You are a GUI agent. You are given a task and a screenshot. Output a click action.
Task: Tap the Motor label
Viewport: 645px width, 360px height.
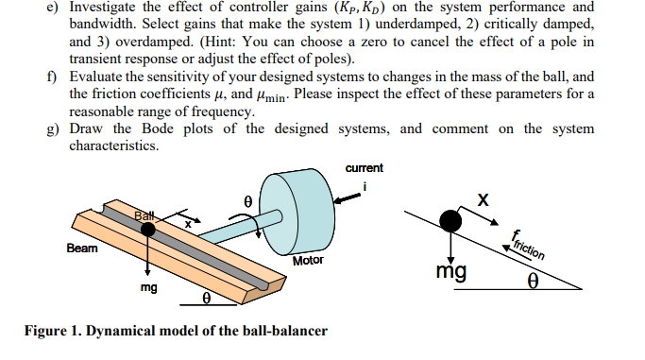coord(309,260)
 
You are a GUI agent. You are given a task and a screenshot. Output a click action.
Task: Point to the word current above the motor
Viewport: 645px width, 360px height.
coord(365,168)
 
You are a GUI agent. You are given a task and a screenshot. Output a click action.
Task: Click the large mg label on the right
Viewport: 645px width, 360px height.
coord(450,272)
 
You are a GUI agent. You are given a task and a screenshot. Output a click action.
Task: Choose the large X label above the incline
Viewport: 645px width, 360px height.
coord(484,200)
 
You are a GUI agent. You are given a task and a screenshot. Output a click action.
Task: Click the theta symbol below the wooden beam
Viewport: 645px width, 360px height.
coord(205,300)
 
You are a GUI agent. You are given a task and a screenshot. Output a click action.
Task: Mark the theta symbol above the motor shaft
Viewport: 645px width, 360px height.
coord(247,201)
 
